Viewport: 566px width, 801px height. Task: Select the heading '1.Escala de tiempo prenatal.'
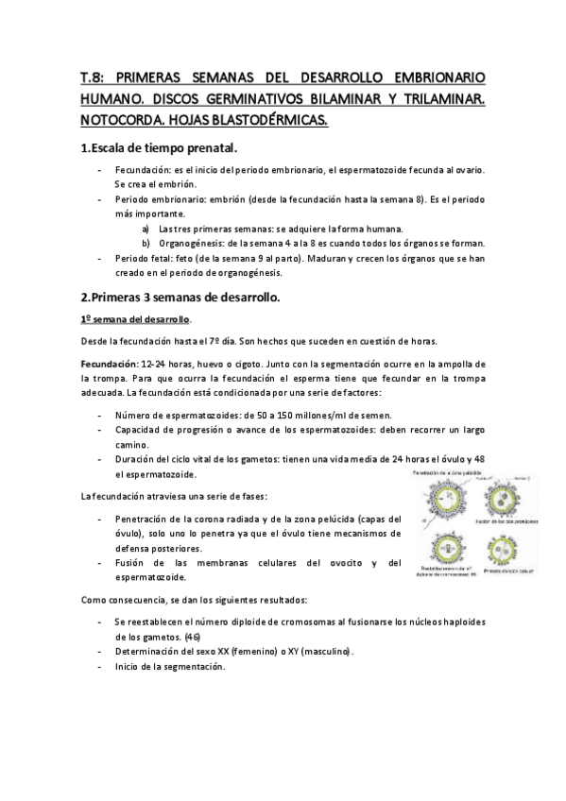pos(159,149)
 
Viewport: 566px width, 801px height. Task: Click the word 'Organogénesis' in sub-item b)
pos(191,243)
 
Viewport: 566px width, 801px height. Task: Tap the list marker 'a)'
pos(146,229)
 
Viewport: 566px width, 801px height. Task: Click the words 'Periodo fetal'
pos(142,257)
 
